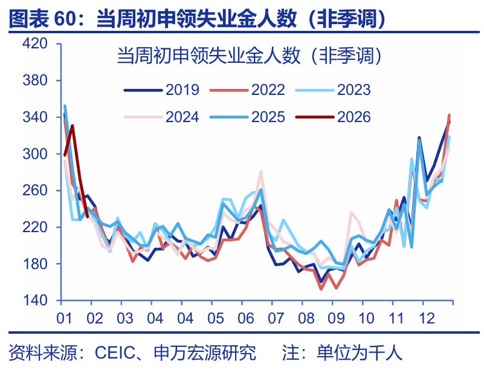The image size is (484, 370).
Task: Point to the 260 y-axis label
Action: (34, 190)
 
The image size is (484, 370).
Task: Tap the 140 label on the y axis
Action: (34, 301)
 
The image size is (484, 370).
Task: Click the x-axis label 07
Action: (276, 318)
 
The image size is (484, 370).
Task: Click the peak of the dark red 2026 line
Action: (73, 126)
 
